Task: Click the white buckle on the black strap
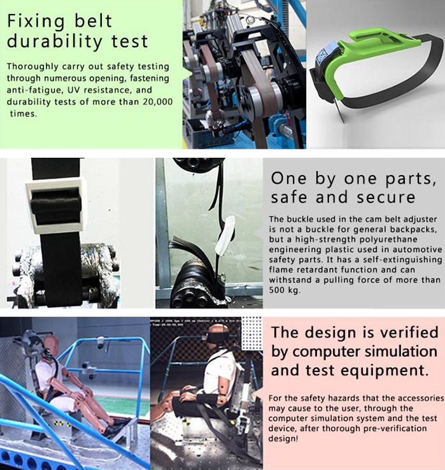click(55, 205)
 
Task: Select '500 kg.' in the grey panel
click(285, 290)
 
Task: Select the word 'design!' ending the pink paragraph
click(283, 439)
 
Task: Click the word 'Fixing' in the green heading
click(36, 22)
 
